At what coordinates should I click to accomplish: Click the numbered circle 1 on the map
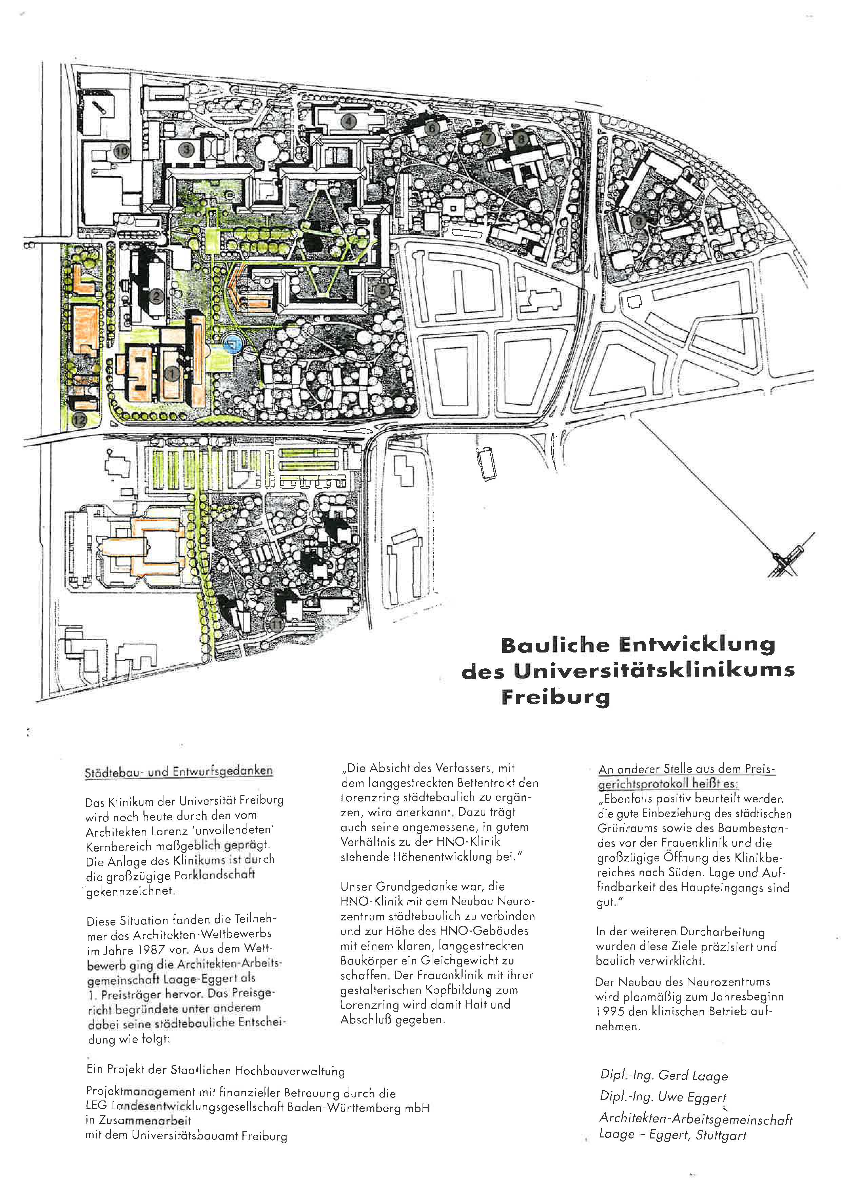click(173, 373)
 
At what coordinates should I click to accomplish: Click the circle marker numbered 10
click(122, 151)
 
